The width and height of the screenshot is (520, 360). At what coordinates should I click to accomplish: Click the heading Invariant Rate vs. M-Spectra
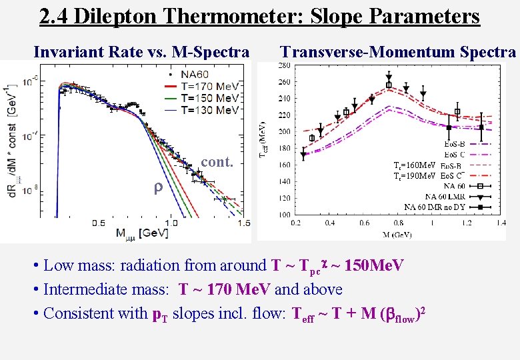(141, 52)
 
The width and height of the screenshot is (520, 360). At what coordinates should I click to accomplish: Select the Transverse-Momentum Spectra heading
(398, 52)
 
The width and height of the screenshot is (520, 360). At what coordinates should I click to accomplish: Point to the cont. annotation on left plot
(216, 163)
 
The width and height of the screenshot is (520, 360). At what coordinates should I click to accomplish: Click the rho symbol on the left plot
(158, 188)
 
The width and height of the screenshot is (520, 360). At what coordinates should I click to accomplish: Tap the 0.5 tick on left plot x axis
(99, 223)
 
